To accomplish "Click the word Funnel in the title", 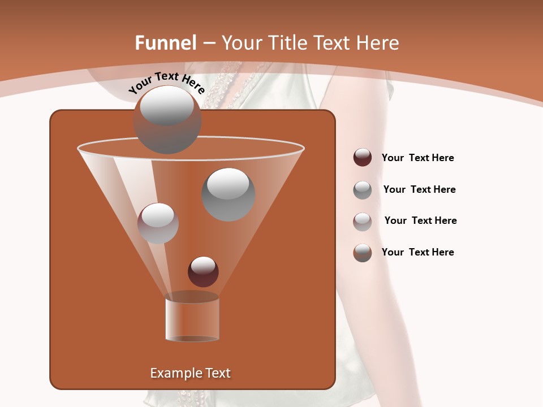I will (166, 43).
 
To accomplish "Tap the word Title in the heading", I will (287, 43).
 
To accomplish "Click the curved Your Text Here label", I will (167, 83).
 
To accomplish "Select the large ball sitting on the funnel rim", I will (167, 120).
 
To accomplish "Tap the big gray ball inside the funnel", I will (228, 194).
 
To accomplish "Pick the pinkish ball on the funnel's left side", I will (158, 223).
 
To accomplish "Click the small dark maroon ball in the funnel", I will (203, 271).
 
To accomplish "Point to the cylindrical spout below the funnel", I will (192, 318).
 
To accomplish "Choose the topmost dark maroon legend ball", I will (362, 158).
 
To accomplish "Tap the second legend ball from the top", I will (362, 190).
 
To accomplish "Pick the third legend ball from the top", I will (362, 221).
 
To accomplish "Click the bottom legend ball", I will (362, 253).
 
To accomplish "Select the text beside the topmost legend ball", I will (417, 158).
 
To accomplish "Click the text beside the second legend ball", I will (419, 189).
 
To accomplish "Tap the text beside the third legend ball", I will (420, 220).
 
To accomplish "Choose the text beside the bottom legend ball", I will (417, 252).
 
